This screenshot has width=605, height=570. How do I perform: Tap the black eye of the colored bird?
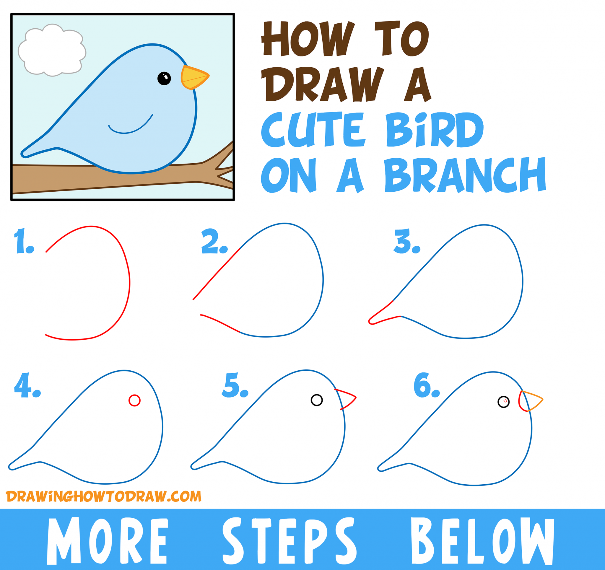click(x=164, y=79)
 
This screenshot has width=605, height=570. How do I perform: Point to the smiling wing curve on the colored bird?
click(x=131, y=128)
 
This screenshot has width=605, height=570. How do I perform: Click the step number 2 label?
click(x=214, y=242)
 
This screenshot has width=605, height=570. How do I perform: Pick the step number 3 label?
click(x=406, y=242)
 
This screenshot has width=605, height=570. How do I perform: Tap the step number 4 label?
click(x=27, y=386)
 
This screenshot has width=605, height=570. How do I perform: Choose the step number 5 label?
click(x=234, y=386)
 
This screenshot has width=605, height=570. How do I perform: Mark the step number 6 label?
click(x=426, y=386)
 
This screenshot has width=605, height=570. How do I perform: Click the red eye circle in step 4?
click(x=134, y=400)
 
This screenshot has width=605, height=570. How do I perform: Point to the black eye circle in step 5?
click(x=316, y=400)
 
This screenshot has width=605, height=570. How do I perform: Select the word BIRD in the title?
click(x=434, y=130)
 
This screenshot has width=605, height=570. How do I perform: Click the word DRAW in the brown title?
click(x=323, y=84)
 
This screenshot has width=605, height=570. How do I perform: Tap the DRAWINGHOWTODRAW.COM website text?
click(x=103, y=497)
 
